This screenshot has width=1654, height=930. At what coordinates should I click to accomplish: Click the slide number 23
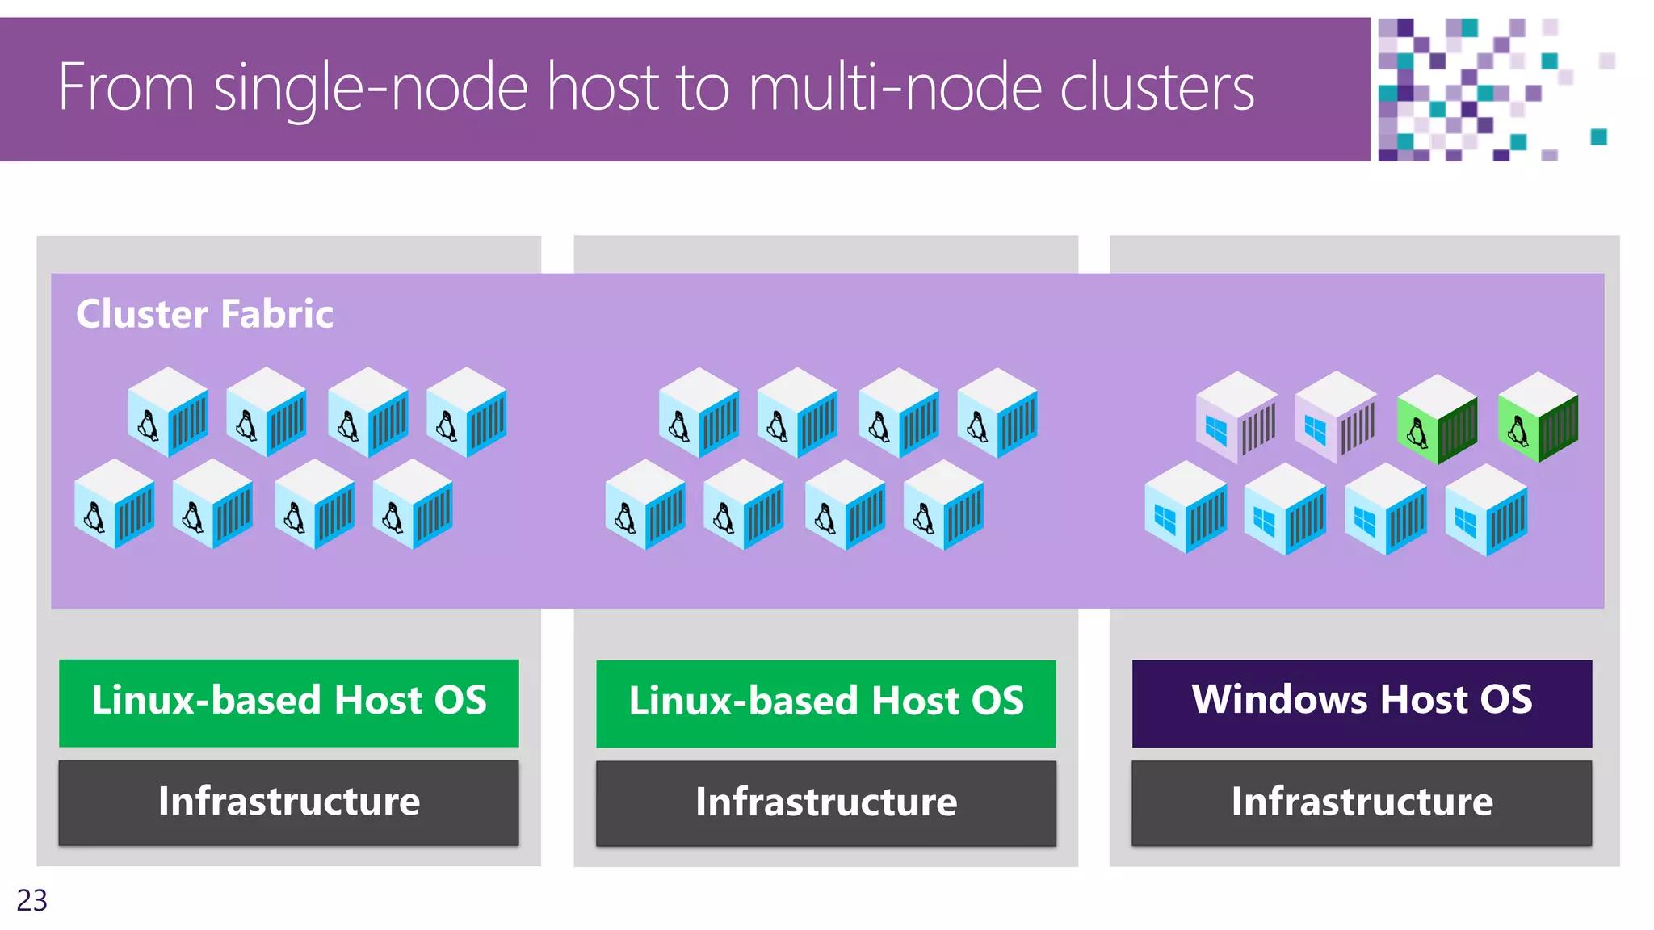32,900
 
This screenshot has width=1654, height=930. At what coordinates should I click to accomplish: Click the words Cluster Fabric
204,314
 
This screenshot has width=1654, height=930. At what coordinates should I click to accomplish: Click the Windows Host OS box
1362,702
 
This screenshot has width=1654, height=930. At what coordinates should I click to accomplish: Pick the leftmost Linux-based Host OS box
288,702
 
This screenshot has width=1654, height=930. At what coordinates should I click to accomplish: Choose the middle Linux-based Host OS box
825,703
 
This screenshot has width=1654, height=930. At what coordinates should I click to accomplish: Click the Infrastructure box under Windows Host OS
1362,802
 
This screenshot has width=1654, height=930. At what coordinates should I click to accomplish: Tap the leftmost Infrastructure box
288,802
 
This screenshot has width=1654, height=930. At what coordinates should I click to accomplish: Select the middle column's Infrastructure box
825,803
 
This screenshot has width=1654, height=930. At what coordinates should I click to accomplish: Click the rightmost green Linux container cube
1537,417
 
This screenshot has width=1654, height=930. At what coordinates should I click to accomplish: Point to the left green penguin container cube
1437,418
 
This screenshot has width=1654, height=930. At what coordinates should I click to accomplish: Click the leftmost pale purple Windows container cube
1236,417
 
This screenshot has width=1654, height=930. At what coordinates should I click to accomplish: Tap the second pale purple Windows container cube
1335,417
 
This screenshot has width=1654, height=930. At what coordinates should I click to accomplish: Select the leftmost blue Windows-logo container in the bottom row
1186,507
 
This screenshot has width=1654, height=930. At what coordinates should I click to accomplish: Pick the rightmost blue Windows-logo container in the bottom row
1485,509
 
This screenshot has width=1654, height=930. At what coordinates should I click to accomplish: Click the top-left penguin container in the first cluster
168,413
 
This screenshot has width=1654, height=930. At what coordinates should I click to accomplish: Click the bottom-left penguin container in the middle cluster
644,505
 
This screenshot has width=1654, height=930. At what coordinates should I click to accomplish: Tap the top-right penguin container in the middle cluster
997,413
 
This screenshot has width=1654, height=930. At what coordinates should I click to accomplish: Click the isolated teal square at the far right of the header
1598,136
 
